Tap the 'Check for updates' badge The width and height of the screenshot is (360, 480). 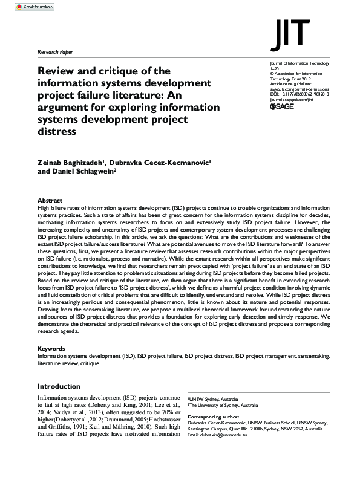[28, 7]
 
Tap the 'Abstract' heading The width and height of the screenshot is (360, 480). [50, 199]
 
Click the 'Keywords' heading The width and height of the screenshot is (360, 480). [51, 349]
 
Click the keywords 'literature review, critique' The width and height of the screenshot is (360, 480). [67, 363]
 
